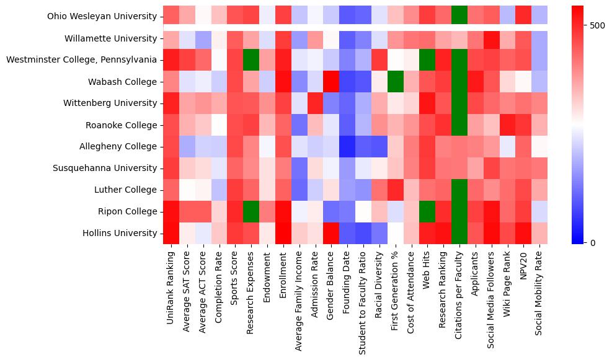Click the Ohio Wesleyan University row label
point(101,16)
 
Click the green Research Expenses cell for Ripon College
point(251,211)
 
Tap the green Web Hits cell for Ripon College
point(427,211)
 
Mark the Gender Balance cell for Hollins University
point(331,233)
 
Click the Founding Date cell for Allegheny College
point(347,146)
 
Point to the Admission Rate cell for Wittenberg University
point(315,103)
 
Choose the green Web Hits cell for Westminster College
point(427,59)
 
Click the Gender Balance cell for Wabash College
point(331,81)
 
